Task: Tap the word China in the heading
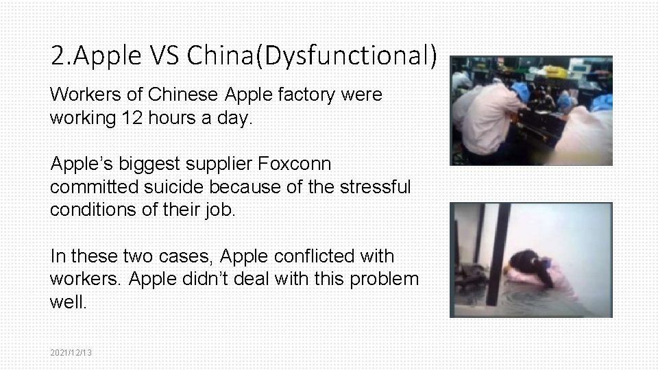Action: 220,56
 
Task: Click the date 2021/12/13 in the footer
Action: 71,352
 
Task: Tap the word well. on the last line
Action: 68,302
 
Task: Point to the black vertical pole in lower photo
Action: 498,254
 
